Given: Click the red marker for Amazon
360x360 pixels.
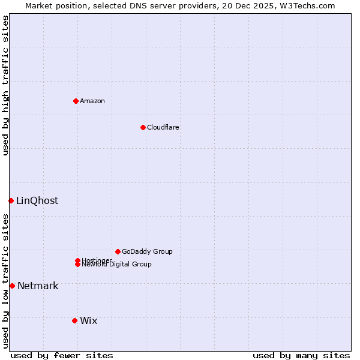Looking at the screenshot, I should (76, 101).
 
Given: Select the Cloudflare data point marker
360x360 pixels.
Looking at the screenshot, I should (143, 127).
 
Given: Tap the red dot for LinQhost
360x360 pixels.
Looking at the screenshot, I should (11, 200).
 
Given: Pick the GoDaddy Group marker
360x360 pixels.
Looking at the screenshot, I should (118, 251).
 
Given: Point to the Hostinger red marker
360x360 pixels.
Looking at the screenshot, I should (77, 260).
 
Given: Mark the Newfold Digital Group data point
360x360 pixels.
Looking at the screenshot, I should (77, 265).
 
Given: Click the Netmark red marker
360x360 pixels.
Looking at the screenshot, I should (12, 286).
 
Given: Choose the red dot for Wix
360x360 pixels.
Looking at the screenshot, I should (74, 320).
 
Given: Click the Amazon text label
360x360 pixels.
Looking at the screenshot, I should (92, 101).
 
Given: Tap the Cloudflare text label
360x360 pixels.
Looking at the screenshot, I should (163, 127).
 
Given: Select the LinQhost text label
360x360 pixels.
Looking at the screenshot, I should (37, 200).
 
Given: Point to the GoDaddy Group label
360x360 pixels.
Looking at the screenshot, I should (147, 251).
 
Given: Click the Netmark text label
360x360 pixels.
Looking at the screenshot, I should (38, 286).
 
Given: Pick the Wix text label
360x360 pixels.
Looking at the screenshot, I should (88, 320).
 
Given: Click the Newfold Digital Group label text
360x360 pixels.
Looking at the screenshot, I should (117, 265).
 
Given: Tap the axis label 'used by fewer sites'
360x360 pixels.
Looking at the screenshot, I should (62, 355).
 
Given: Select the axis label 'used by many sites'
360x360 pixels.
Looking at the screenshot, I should (301, 355).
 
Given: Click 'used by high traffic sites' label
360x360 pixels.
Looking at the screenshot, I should (6, 85).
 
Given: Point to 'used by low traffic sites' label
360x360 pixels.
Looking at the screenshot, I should (6, 281).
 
